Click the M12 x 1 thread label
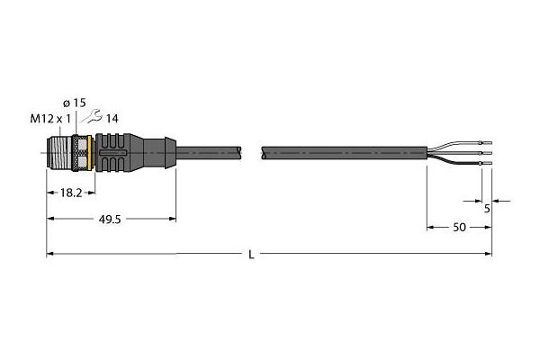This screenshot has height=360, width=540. click(x=50, y=119)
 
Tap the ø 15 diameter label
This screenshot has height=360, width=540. click(x=75, y=103)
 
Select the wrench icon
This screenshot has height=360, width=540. click(x=91, y=116)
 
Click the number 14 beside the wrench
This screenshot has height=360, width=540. click(x=112, y=119)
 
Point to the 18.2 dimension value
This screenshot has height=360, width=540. click(x=71, y=193)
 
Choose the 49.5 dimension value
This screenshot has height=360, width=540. click(x=110, y=220)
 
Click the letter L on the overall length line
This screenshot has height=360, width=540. click(x=252, y=255)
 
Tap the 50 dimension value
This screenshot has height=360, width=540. click(x=459, y=228)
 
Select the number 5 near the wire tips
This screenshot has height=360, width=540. click(x=487, y=209)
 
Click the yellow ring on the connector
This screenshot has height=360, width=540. click(x=90, y=153)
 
